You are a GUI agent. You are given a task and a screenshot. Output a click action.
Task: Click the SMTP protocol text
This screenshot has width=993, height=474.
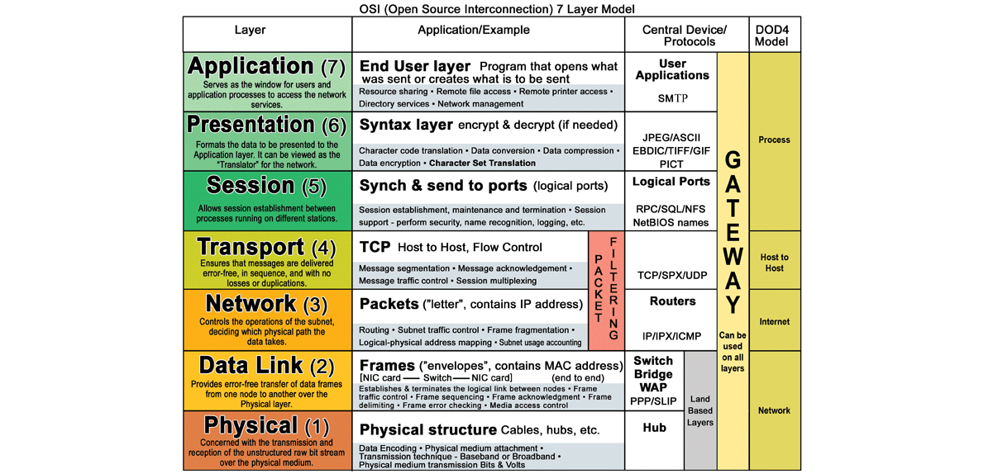pyautogui.click(x=672, y=98)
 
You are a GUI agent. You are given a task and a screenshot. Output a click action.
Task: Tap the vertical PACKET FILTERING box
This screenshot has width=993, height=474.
pyautogui.click(x=606, y=290)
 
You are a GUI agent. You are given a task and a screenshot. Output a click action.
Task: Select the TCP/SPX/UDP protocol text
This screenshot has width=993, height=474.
pyautogui.click(x=672, y=275)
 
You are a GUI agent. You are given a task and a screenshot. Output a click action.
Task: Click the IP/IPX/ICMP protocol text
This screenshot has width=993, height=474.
pyautogui.click(x=672, y=336)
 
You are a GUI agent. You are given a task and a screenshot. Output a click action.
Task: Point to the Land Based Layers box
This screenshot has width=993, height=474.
pyautogui.click(x=700, y=410)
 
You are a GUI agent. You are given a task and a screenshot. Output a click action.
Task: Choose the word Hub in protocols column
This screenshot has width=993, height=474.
pyautogui.click(x=654, y=428)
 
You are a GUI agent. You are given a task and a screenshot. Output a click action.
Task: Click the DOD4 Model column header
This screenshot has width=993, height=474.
pyautogui.click(x=774, y=36)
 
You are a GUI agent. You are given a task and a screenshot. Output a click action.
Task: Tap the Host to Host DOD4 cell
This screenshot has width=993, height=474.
pyautogui.click(x=774, y=262)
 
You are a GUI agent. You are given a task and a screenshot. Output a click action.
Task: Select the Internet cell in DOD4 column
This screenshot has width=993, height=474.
pyautogui.click(x=774, y=321)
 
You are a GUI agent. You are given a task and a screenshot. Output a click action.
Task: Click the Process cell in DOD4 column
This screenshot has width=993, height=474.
pyautogui.click(x=774, y=140)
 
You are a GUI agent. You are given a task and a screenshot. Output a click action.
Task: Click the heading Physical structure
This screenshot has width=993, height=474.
pyautogui.click(x=427, y=430)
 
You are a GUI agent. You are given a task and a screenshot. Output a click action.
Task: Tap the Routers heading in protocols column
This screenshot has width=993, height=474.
pyautogui.click(x=672, y=301)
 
